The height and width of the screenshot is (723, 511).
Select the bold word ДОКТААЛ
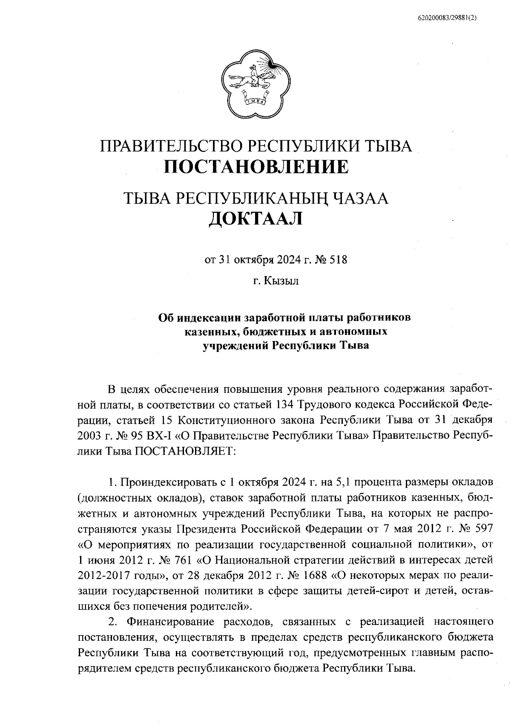pos(255,219)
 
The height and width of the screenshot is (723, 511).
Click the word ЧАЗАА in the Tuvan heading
pos(360,198)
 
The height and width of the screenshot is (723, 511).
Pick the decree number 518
pos(339,259)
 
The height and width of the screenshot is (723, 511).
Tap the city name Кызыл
pos(281,281)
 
